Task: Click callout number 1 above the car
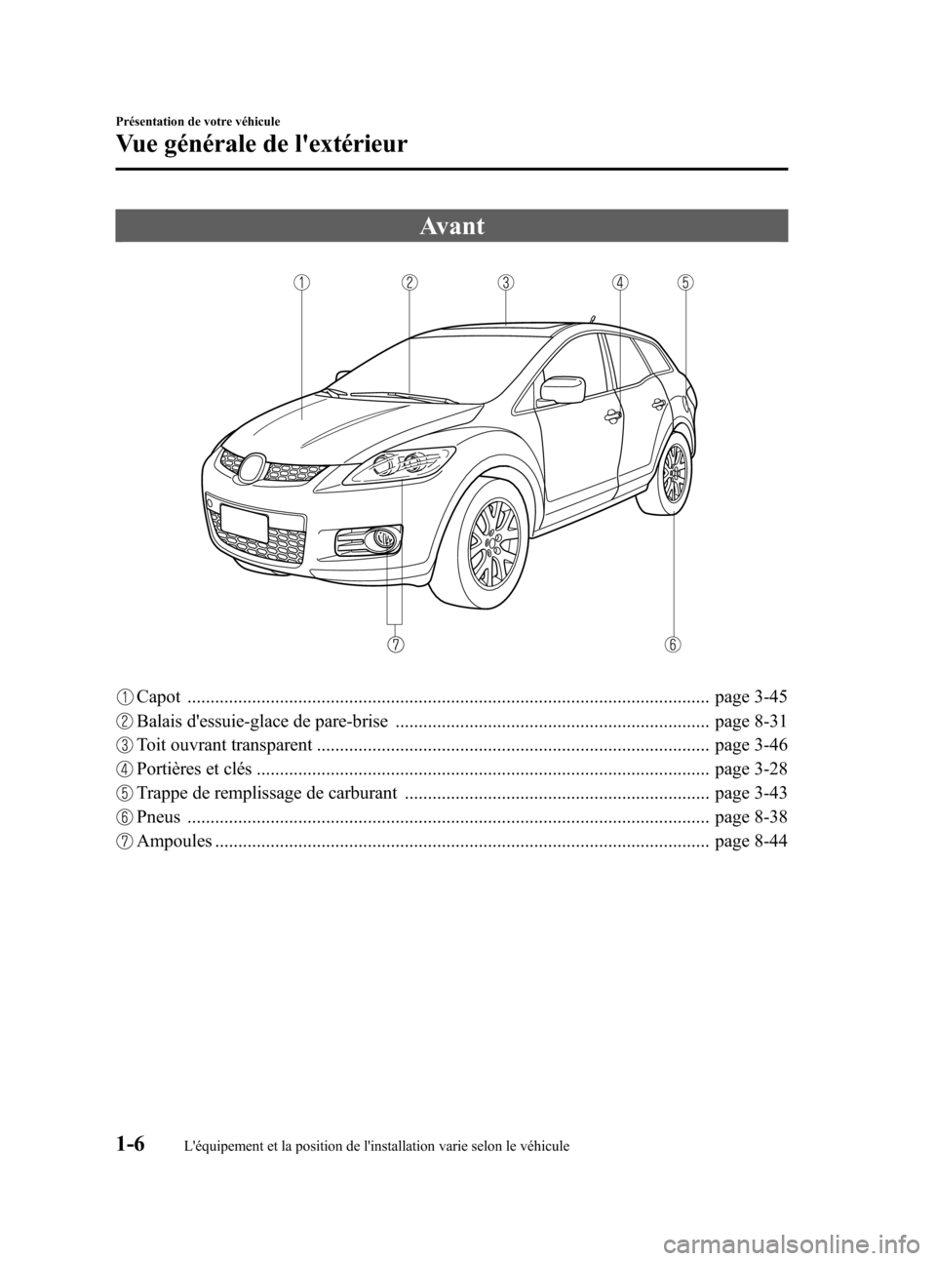[303, 283]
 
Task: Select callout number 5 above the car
[685, 283]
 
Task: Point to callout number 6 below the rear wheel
[674, 644]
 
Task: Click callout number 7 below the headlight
[396, 644]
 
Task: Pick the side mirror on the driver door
[562, 389]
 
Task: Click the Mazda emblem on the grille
[253, 469]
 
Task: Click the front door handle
[614, 416]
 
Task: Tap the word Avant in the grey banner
[451, 226]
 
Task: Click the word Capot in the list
[158, 697]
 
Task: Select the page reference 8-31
[750, 722]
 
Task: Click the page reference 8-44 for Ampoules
[750, 841]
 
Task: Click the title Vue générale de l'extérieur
[261, 145]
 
